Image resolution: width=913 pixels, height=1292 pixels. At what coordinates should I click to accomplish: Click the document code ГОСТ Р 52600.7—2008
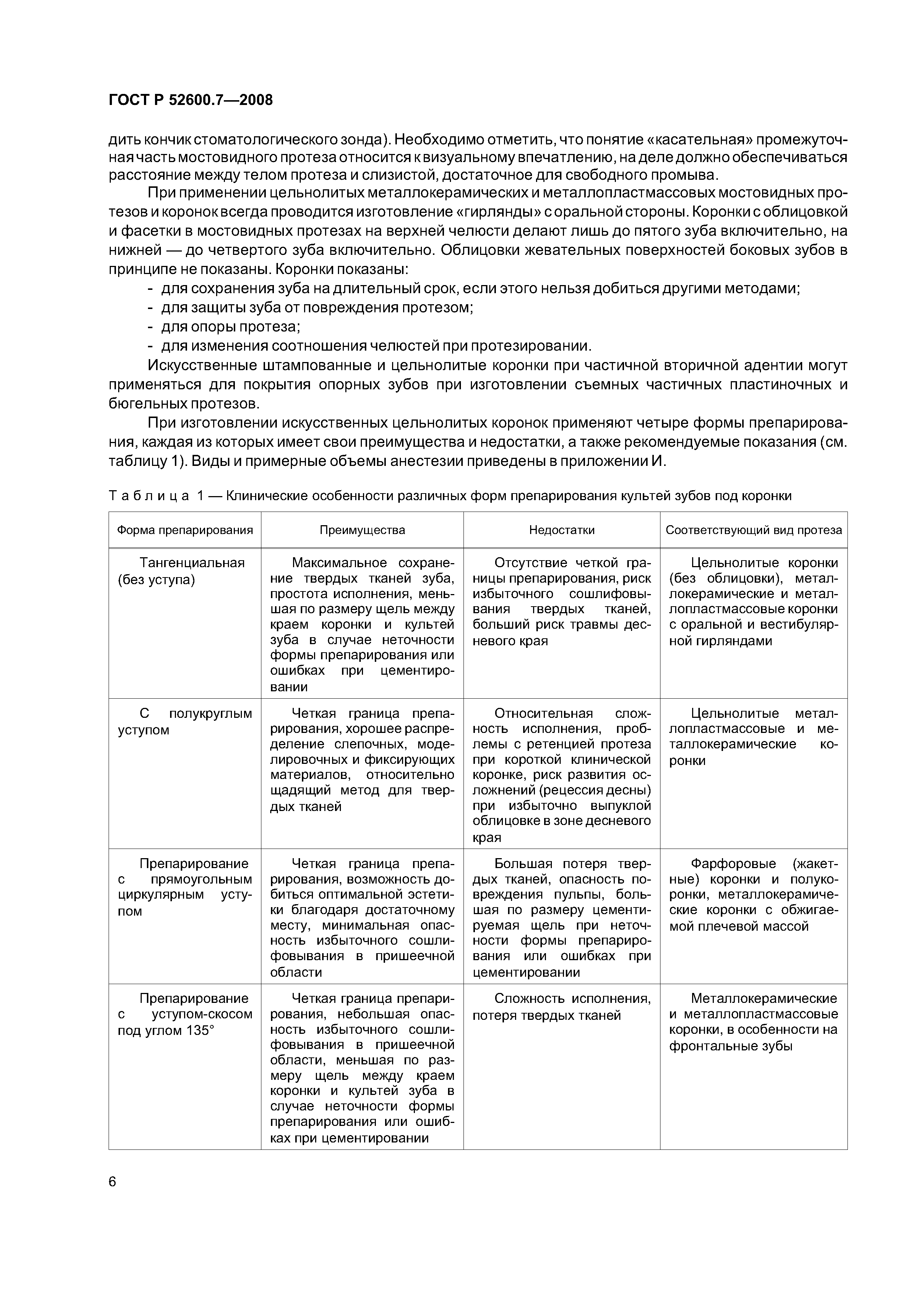tap(190, 100)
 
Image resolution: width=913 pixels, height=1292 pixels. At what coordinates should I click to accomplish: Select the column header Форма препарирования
tap(184, 530)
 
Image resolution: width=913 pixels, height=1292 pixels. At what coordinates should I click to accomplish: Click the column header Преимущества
tap(362, 530)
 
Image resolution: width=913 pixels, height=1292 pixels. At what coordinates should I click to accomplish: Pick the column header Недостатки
tap(561, 530)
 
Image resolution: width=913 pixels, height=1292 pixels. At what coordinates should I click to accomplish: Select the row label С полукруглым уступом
tap(184, 722)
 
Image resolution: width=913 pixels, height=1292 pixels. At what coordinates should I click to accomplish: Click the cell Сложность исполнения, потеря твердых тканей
tap(561, 1007)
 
